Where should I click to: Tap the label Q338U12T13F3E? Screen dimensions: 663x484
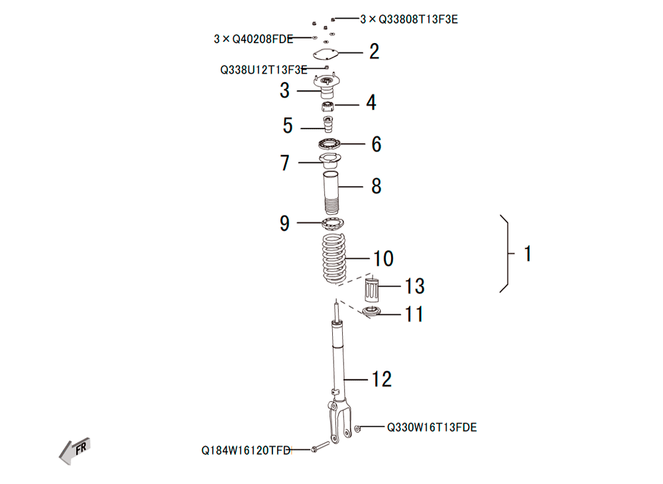coord(263,70)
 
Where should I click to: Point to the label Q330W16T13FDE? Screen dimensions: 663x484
coord(432,428)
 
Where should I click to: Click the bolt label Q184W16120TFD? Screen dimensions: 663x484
coord(246,451)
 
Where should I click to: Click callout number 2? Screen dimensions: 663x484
coord(374,52)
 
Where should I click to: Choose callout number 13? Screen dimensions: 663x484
coord(415,286)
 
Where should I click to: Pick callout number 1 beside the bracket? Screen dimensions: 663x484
coord(528,254)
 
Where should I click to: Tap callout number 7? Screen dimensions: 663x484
coord(285,162)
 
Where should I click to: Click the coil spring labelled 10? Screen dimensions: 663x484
coord(334,258)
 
